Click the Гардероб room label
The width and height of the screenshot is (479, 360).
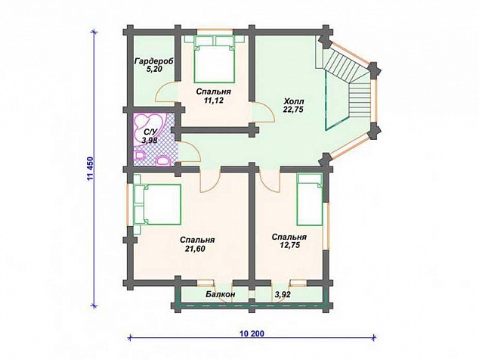154,61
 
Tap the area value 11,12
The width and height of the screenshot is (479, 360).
213,100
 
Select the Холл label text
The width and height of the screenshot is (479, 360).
292,101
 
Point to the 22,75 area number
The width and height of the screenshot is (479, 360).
292,110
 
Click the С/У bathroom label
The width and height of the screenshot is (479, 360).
150,132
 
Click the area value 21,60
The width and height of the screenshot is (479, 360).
195,249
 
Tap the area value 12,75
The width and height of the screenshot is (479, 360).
289,245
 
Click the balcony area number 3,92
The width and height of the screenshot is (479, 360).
283,294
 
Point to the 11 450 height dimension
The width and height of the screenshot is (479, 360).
90,169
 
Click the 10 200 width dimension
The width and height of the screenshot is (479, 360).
252,334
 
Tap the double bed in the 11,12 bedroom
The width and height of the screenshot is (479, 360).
214,59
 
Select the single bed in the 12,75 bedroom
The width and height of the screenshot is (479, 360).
310,200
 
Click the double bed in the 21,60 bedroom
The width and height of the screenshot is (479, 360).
157,204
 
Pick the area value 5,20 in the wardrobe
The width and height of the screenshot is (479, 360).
154,69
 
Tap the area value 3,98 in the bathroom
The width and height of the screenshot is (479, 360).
150,140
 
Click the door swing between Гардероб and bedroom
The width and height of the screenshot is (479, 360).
166,93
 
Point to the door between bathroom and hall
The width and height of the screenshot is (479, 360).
190,152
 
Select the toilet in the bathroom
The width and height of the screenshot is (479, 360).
163,160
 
